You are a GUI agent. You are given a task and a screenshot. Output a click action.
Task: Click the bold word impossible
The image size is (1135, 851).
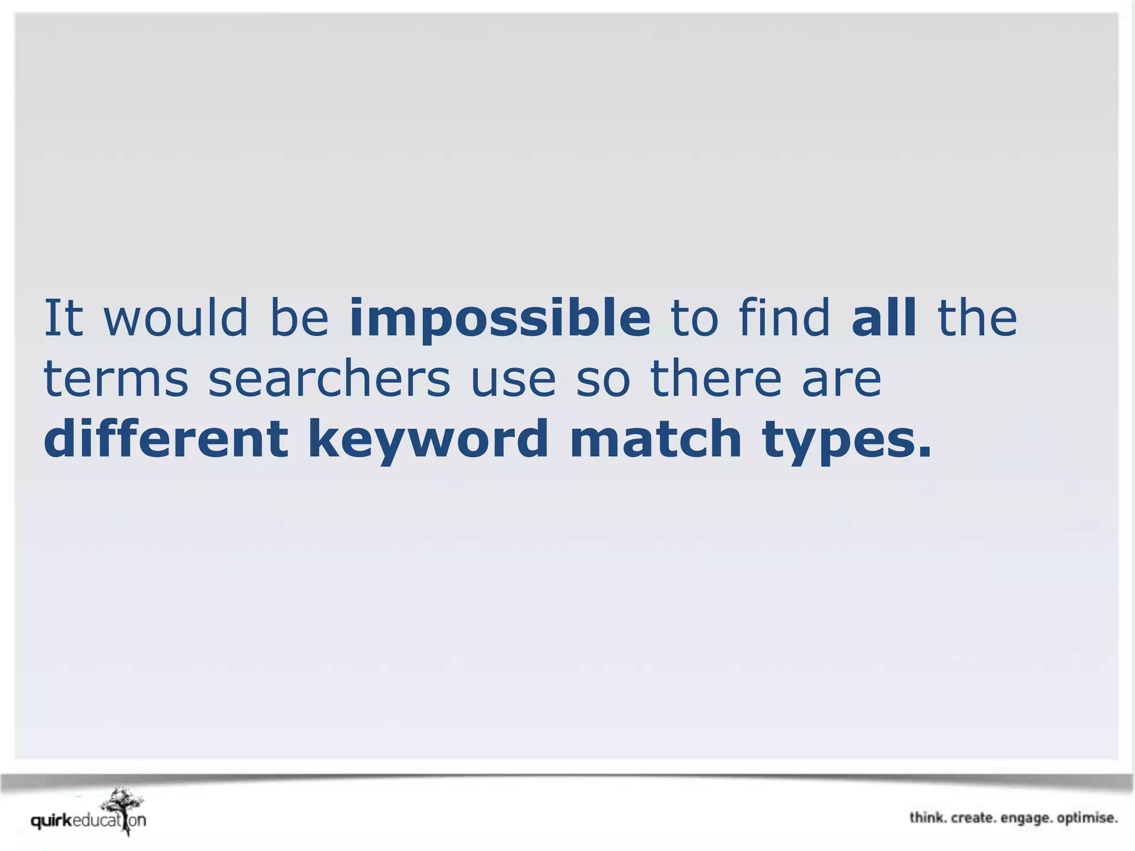pyautogui.click(x=500, y=319)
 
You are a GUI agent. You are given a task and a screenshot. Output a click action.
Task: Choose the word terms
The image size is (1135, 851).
pyautogui.click(x=116, y=380)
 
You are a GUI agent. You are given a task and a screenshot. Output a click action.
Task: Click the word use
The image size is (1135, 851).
pyautogui.click(x=513, y=380)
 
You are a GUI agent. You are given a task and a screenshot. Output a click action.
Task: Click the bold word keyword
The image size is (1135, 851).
pyautogui.click(x=428, y=440)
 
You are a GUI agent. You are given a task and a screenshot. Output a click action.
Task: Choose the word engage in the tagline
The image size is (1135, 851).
pyautogui.click(x=1026, y=818)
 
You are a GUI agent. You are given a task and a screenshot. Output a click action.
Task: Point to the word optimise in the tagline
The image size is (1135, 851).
pyautogui.click(x=1087, y=818)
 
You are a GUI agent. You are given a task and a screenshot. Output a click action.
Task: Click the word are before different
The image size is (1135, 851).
pyautogui.click(x=841, y=380)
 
